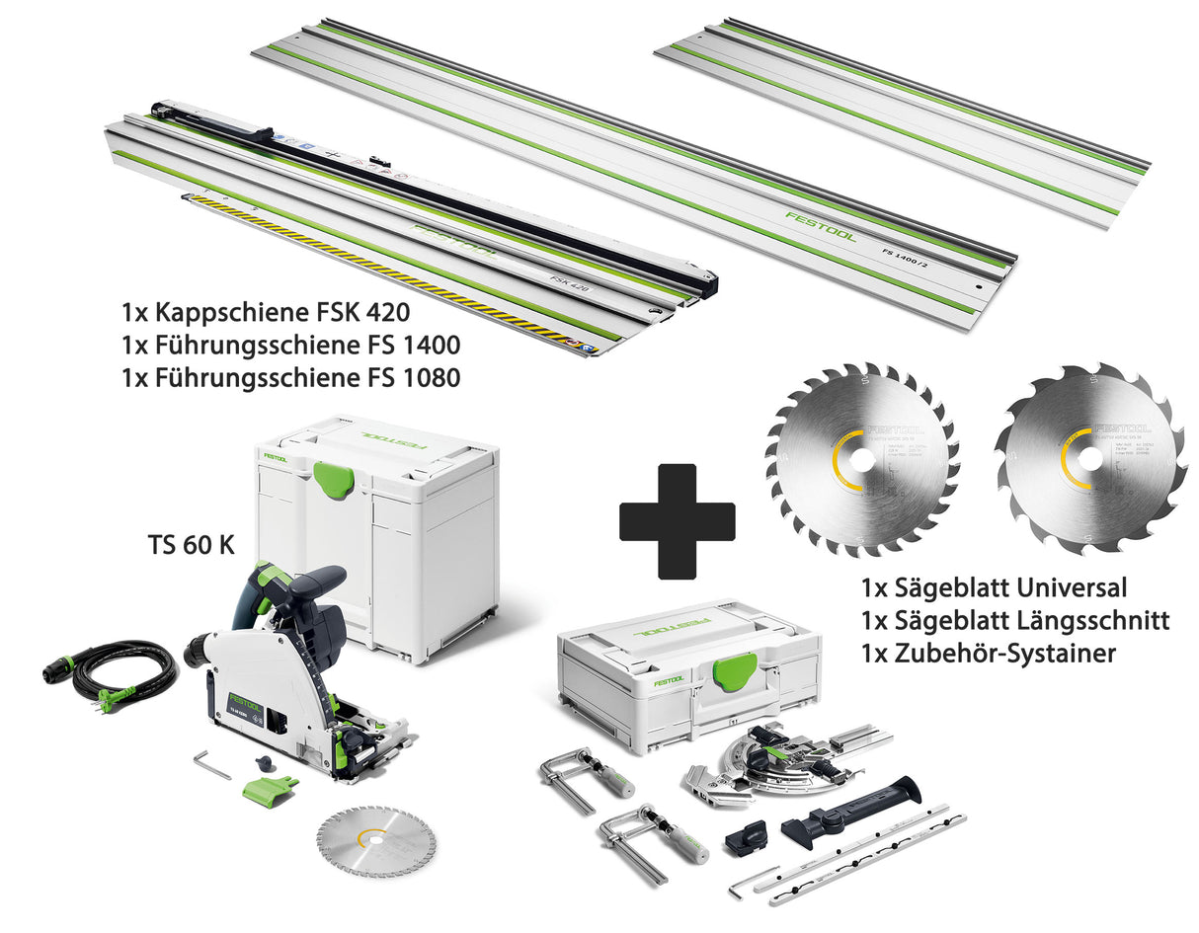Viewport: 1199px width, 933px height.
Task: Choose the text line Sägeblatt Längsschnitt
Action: (1015, 620)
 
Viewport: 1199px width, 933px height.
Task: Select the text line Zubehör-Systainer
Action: (989, 653)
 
